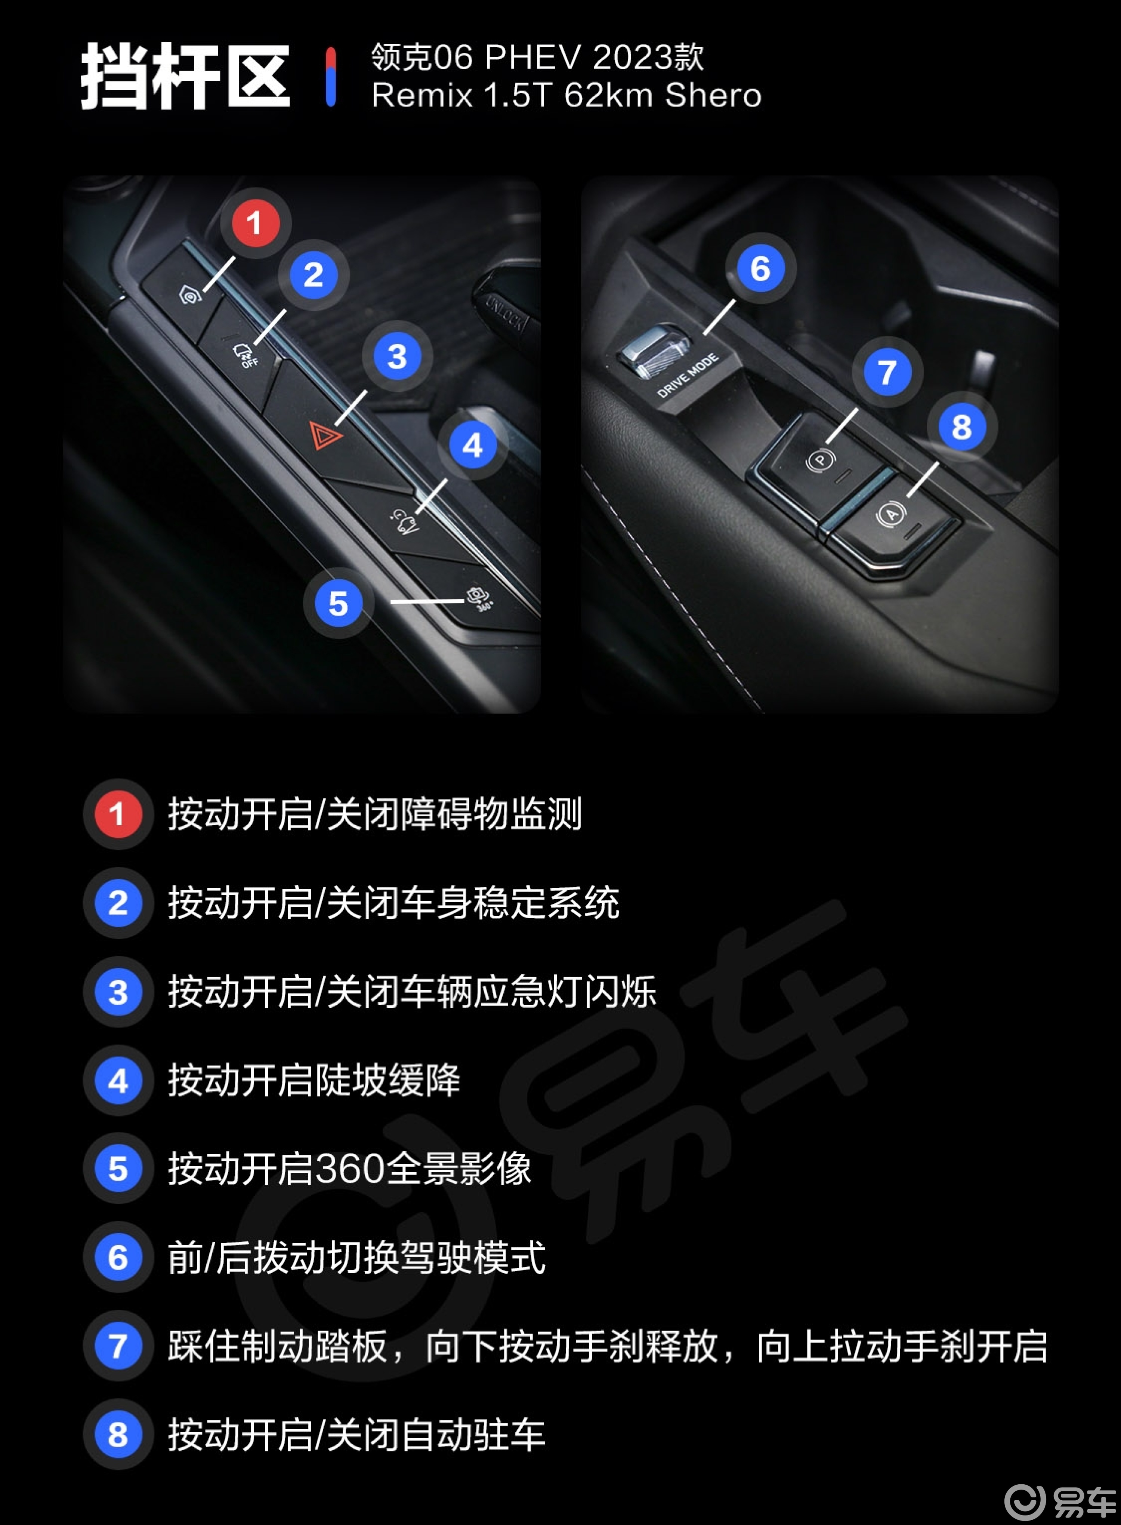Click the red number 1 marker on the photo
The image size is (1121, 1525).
tap(254, 223)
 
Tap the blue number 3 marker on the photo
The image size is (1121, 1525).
tap(397, 356)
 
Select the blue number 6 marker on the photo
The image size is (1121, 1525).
tap(760, 269)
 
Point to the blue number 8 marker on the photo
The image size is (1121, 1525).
tap(961, 428)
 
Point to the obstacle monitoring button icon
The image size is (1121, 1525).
tap(190, 295)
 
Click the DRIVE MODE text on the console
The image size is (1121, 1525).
tap(688, 375)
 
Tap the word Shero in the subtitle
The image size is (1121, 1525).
tap(713, 95)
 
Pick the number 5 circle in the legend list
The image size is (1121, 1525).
tap(117, 1169)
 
